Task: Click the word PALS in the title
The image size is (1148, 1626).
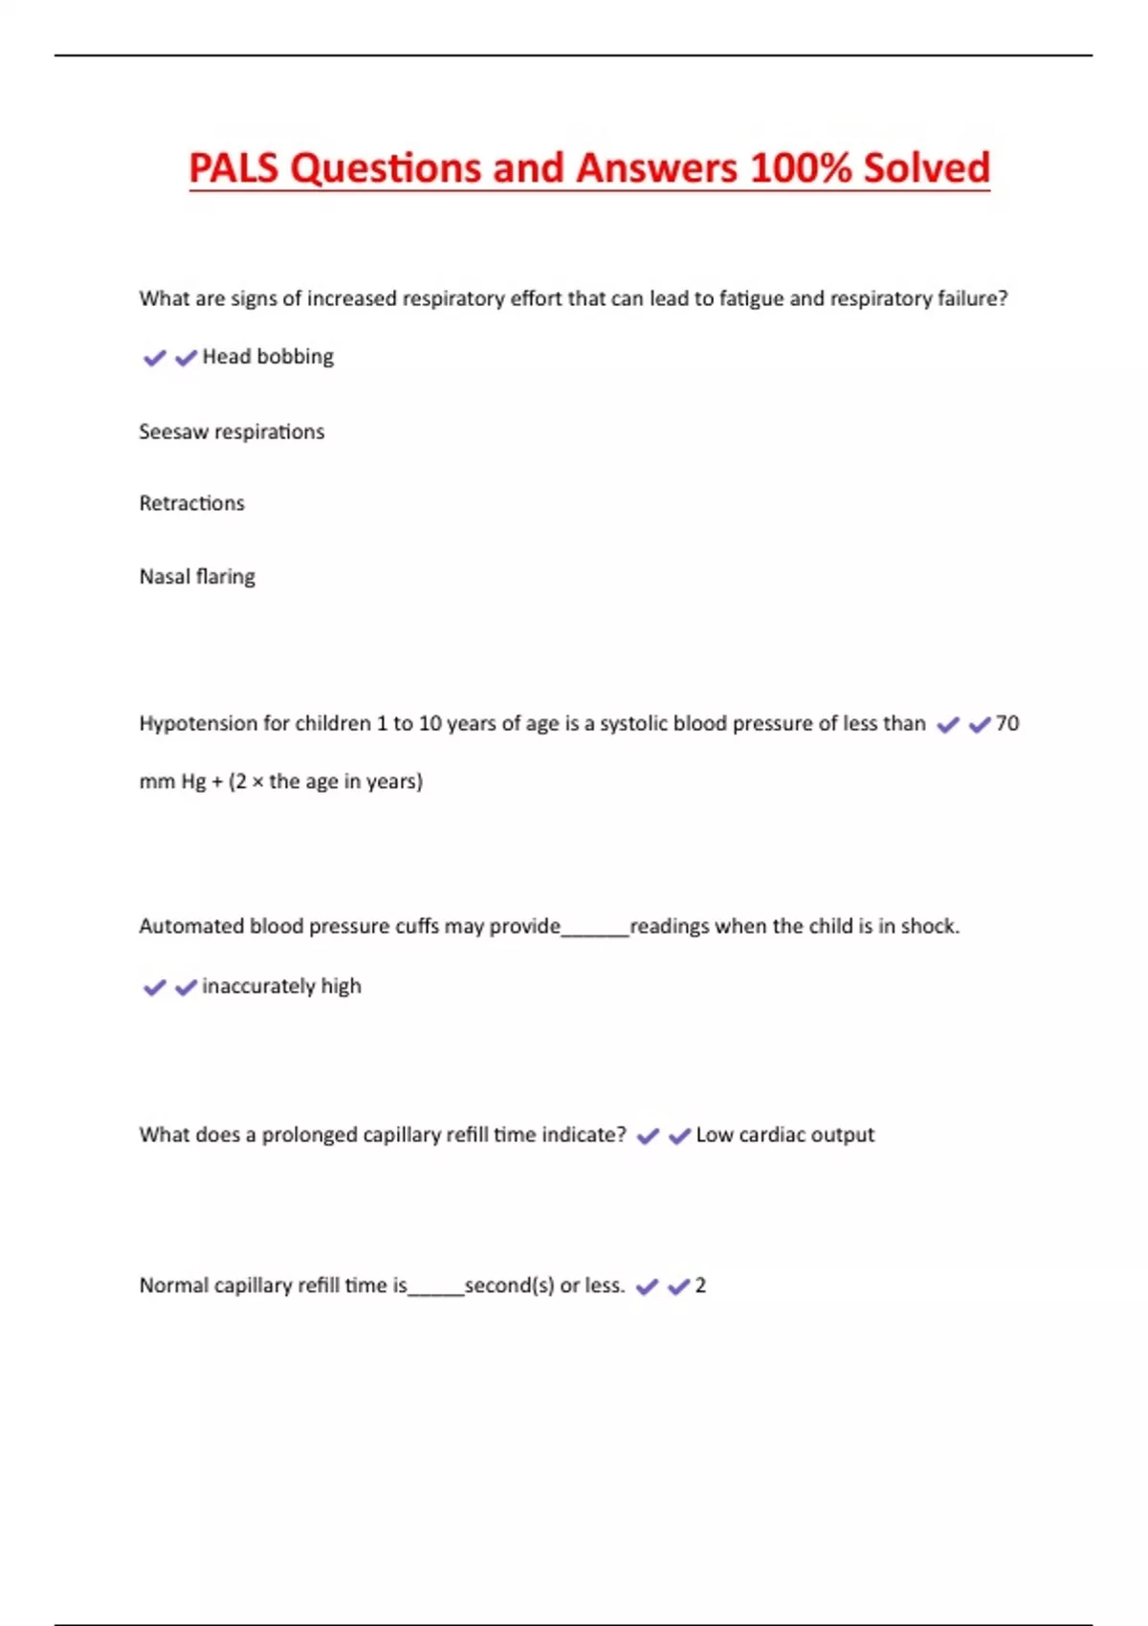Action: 233,168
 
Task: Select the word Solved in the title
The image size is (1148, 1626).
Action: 926,168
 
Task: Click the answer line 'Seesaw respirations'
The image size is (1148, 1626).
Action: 232,432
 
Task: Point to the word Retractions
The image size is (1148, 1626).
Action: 191,504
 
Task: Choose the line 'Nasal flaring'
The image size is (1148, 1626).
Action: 197,577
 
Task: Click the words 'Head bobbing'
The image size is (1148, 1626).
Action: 268,357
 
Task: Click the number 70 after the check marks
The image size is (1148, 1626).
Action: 1007,724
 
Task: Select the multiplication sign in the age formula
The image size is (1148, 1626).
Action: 257,782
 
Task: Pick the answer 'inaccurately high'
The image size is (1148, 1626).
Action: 281,986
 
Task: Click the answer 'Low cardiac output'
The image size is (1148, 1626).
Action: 784,1135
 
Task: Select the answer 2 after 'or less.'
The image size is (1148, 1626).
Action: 700,1285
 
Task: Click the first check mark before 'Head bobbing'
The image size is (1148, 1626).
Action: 154,359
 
